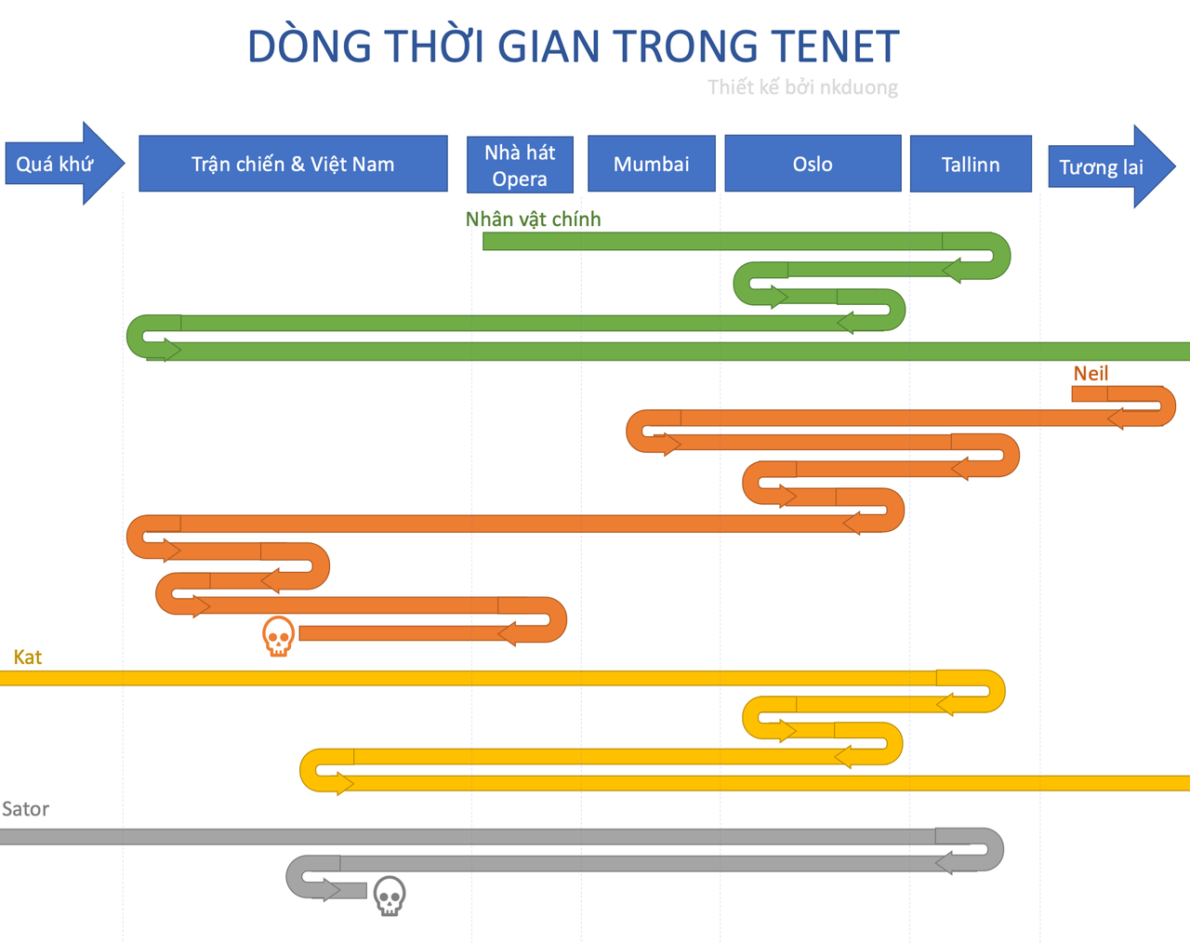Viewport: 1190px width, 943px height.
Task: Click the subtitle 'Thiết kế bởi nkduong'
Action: (802, 87)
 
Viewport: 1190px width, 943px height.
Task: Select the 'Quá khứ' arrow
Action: (65, 163)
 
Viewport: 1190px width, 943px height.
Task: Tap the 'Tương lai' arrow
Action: (1112, 166)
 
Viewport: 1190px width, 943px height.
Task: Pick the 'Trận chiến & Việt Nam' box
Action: (293, 163)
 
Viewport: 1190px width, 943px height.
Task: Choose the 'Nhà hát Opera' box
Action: (520, 165)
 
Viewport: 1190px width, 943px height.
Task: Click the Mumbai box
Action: (652, 164)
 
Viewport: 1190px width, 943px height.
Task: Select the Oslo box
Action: (813, 163)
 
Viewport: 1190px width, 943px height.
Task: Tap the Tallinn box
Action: (971, 164)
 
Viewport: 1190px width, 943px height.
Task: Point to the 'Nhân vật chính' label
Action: (533, 219)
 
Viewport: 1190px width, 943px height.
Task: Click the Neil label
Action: (1091, 373)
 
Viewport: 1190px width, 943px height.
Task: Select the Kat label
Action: (28, 657)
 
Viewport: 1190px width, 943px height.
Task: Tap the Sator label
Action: (25, 808)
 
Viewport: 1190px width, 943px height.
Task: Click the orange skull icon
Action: (278, 636)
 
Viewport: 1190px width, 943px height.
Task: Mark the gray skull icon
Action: (390, 896)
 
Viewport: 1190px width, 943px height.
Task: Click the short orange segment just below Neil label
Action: (1090, 393)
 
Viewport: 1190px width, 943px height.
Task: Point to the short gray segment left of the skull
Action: (348, 891)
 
